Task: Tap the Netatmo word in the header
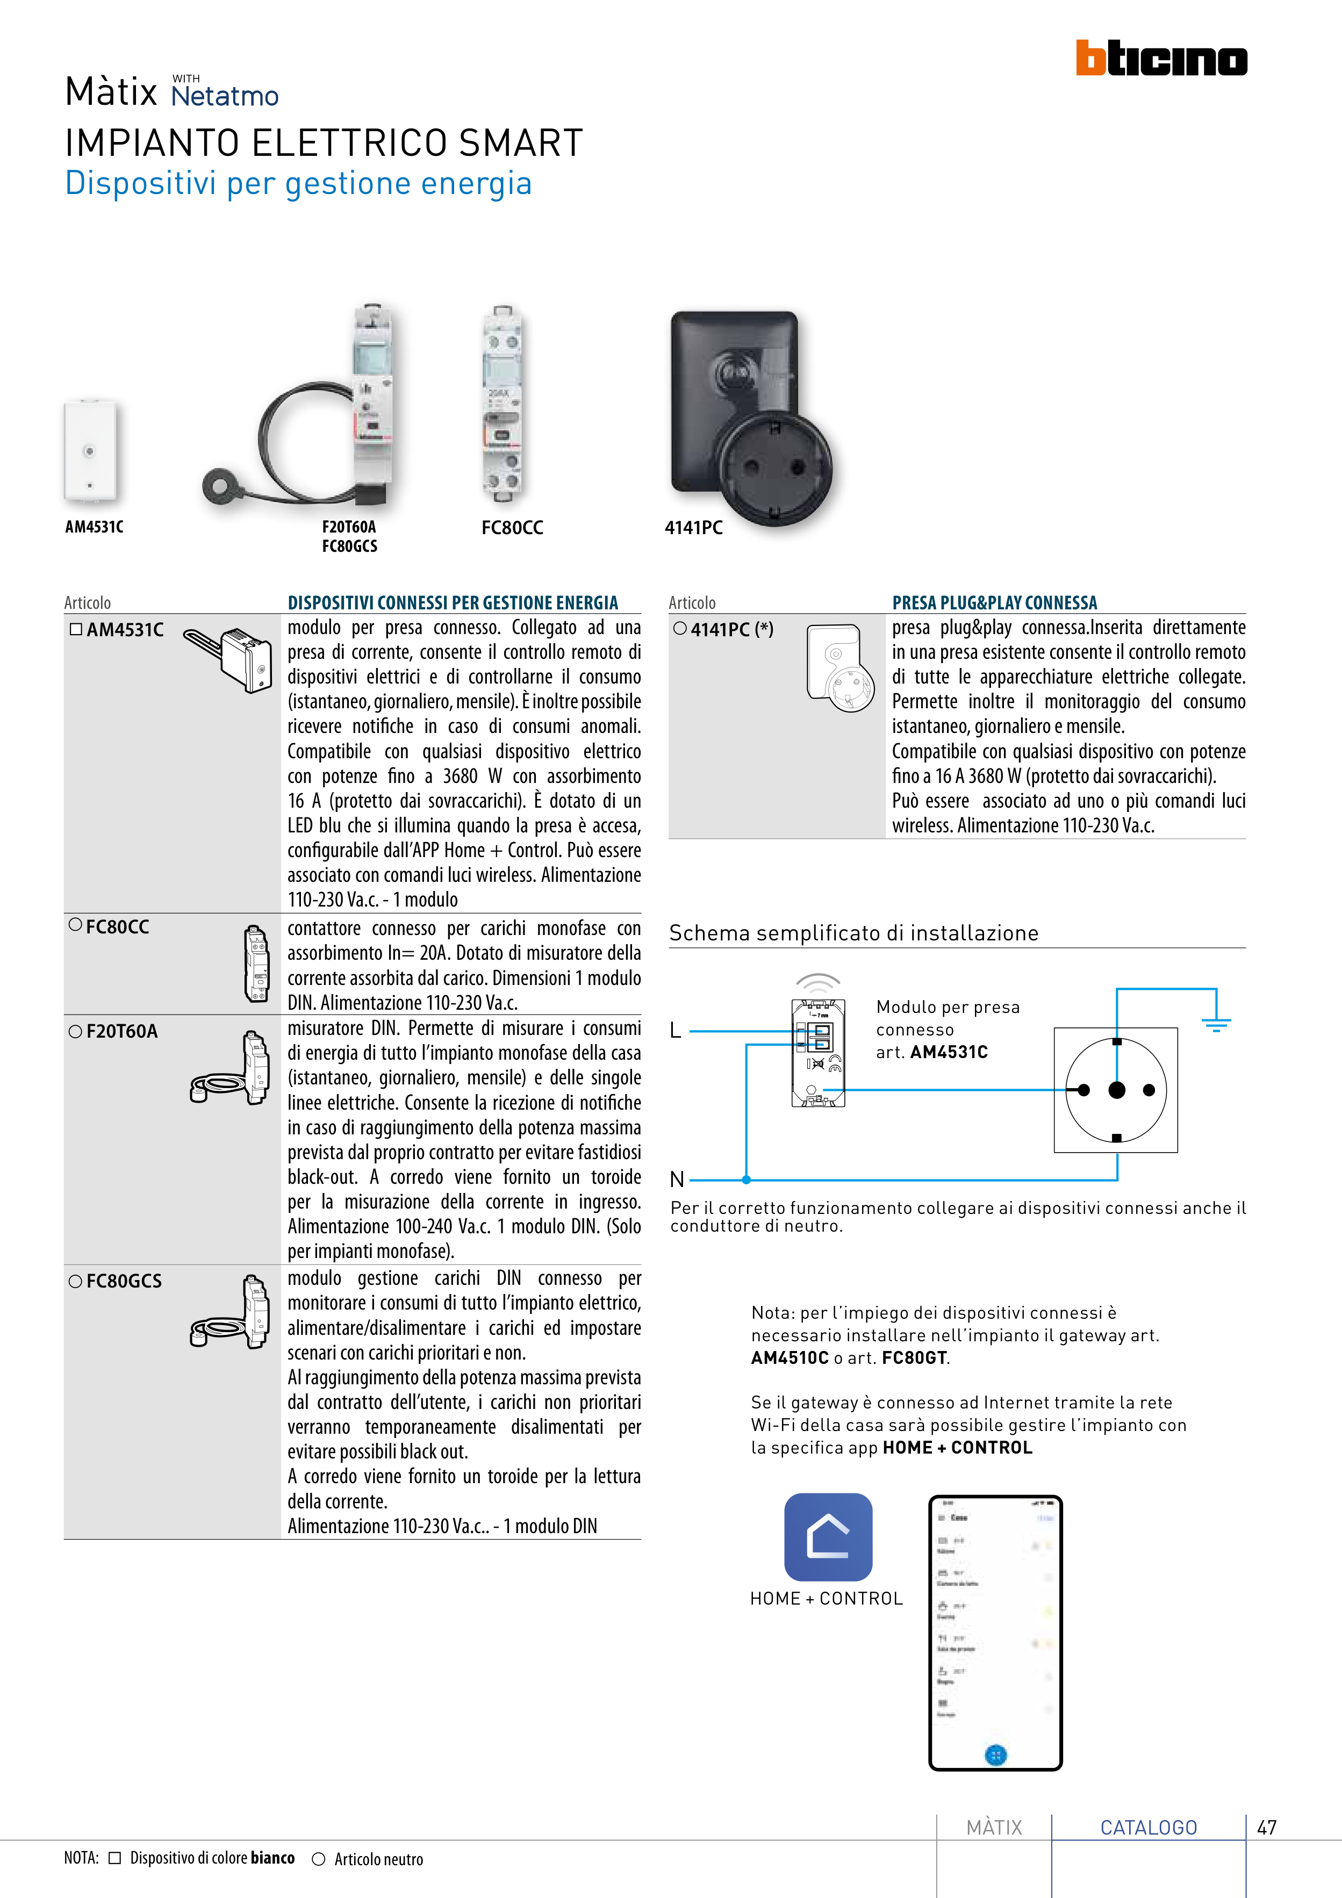225,96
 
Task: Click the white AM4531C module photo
90,450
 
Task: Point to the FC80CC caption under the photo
512,527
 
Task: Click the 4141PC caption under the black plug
694,527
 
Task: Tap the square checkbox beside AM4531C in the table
76,629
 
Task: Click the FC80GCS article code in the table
124,1281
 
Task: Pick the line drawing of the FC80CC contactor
257,963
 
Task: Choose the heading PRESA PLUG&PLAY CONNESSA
994,602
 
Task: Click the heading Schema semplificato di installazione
853,933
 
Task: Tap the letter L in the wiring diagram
676,1031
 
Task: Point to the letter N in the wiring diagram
677,1180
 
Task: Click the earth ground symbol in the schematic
1216,1023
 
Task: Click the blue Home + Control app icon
828,1537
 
